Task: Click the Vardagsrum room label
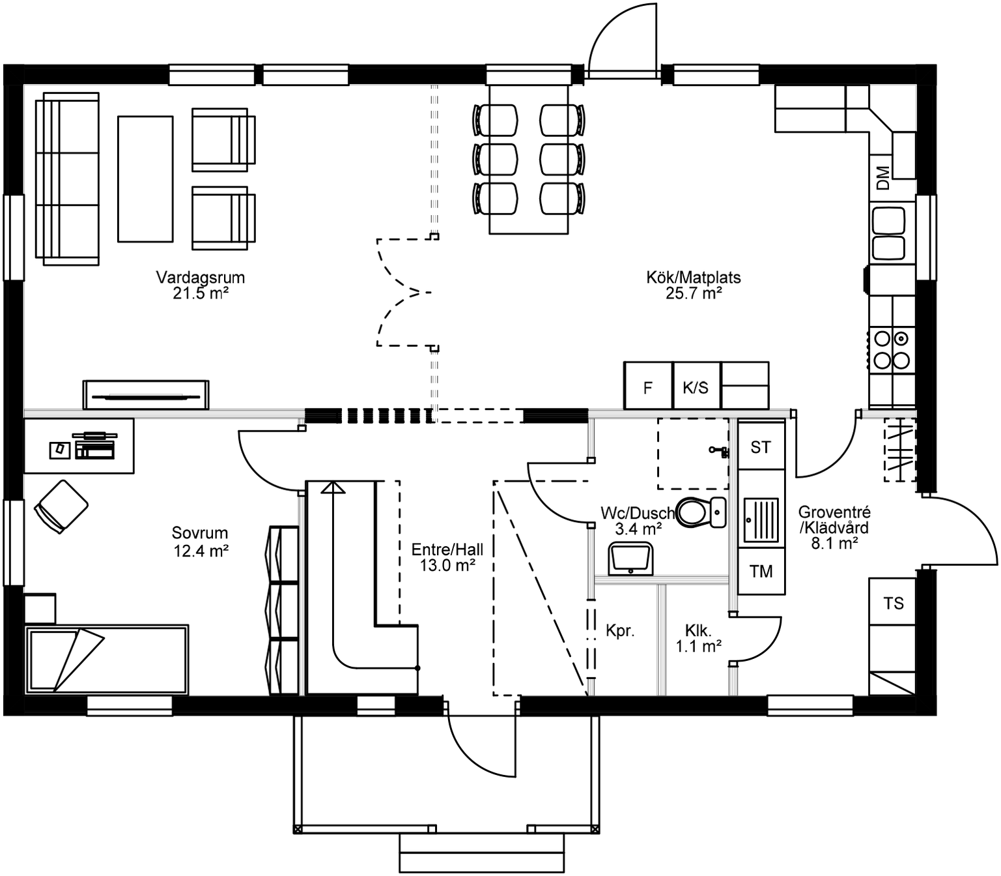pos(200,285)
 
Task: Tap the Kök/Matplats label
pos(693,285)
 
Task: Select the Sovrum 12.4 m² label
pos(200,542)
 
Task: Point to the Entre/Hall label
pos(447,557)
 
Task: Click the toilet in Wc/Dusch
pos(698,512)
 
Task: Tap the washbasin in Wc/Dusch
pos(630,559)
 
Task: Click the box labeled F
pos(647,388)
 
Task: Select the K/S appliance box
pos(695,388)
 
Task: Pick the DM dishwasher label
pos(882,177)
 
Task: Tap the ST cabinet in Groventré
pos(760,447)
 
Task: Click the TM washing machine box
pos(760,572)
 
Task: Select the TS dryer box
pos(893,603)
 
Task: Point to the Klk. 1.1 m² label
pos(698,639)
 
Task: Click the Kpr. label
pos(619,631)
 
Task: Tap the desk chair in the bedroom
pos(61,506)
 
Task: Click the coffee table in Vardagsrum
pos(145,179)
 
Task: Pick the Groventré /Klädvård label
pos(834,527)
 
